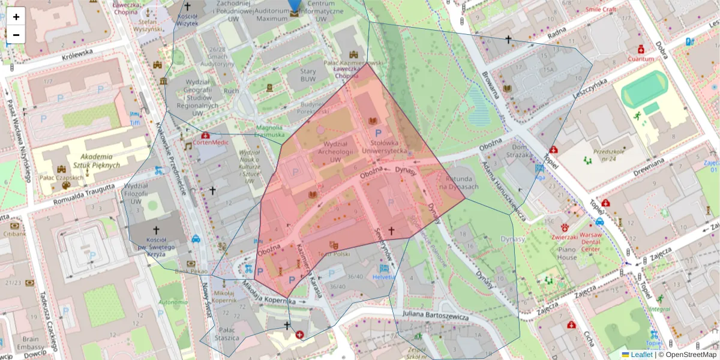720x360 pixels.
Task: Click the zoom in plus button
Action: (x=16, y=17)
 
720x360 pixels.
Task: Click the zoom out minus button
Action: (x=16, y=35)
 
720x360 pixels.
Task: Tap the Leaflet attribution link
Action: (x=641, y=355)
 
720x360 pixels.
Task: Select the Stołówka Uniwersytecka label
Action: (x=389, y=147)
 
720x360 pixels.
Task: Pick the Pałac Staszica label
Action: (x=230, y=334)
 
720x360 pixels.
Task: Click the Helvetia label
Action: (x=384, y=277)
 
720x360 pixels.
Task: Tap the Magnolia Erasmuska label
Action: (x=269, y=131)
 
